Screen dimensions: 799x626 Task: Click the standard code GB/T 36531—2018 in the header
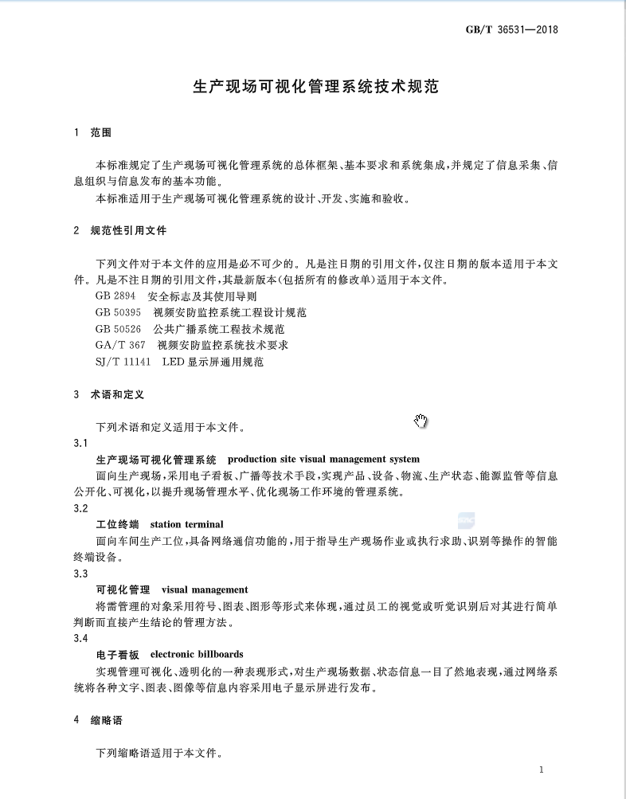[x=511, y=30]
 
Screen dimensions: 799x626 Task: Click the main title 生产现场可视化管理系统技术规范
[x=316, y=86]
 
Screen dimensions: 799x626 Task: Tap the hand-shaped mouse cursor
[x=421, y=421]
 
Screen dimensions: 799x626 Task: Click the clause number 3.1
[x=80, y=443]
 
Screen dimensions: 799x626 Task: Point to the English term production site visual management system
[x=323, y=460]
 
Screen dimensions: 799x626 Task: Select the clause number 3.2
[x=80, y=508]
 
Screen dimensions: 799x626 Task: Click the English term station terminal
[x=186, y=524]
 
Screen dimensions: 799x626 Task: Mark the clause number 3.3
[x=80, y=574]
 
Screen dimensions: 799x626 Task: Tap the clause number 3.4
[x=80, y=639]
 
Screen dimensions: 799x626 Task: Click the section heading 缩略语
[x=107, y=720]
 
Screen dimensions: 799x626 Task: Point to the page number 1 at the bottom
[x=541, y=770]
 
